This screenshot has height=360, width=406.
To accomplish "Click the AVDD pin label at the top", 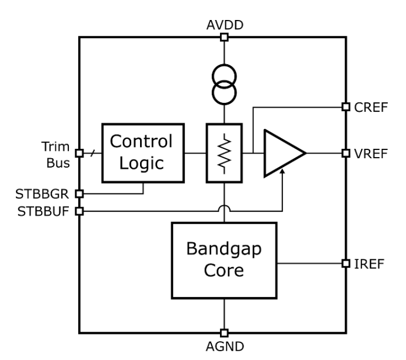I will click(x=224, y=25).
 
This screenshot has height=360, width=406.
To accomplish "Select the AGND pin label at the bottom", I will click(x=224, y=346).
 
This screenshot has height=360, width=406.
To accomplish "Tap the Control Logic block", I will click(x=143, y=152).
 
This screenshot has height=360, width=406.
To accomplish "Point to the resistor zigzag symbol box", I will click(x=224, y=153).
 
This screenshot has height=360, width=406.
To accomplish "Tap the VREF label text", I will click(x=370, y=153).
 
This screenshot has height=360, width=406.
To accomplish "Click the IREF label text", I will click(x=369, y=263).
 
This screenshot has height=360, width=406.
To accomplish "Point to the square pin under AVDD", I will click(x=224, y=38).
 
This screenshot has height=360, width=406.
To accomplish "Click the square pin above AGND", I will click(x=224, y=332).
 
